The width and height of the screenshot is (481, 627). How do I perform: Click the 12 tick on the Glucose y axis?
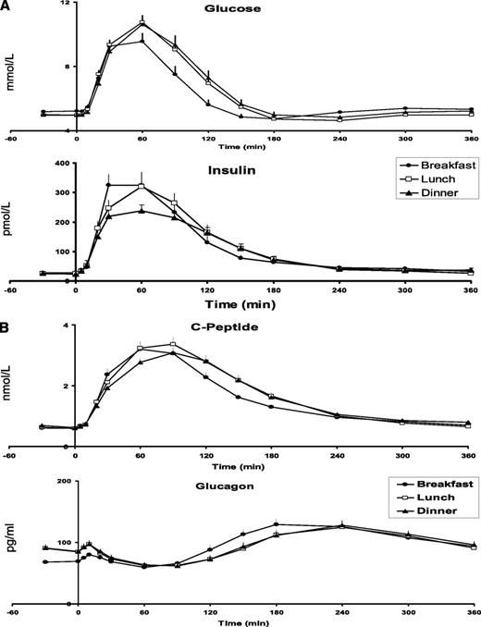(x=64, y=5)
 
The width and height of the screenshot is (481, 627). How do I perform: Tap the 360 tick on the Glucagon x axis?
(x=471, y=613)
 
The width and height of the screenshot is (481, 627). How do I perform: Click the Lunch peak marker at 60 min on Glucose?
(x=142, y=21)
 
